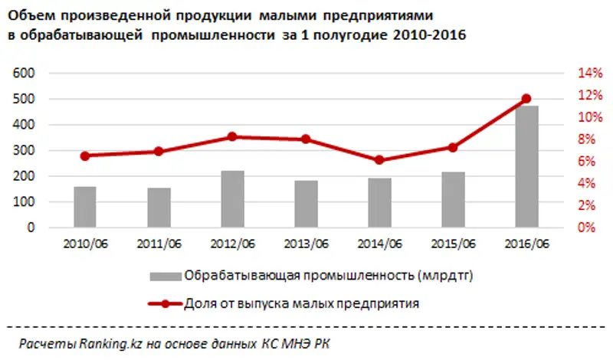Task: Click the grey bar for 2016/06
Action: [526, 166]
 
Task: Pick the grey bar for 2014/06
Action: [379, 203]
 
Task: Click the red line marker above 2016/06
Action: [526, 99]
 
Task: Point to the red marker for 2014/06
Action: [379, 160]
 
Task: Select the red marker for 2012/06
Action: [232, 137]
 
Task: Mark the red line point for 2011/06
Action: [159, 152]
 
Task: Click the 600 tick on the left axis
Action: [26, 73]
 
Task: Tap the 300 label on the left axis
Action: [26, 150]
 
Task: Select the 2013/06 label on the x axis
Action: [306, 244]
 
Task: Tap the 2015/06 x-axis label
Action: [453, 244]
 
